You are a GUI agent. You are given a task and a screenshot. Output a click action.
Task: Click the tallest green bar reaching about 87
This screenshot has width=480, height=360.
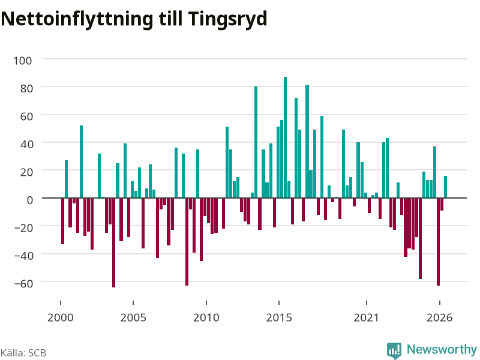(286, 137)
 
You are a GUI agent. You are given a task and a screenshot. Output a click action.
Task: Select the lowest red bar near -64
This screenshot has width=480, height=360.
(113, 242)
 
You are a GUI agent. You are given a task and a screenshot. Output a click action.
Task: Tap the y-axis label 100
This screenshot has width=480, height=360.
(22, 61)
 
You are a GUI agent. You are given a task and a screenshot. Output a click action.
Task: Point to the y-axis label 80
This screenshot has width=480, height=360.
(26, 88)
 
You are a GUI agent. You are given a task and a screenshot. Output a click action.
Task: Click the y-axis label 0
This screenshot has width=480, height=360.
(29, 200)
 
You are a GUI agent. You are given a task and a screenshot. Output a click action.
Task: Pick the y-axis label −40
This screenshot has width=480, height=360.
(23, 256)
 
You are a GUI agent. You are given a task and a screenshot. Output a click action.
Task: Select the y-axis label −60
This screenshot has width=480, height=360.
(23, 283)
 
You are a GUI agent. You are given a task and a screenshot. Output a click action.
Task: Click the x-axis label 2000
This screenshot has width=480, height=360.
(61, 317)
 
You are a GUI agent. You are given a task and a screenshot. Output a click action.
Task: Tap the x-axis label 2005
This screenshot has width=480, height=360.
(133, 317)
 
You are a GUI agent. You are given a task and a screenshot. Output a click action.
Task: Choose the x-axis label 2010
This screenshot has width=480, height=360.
(206, 317)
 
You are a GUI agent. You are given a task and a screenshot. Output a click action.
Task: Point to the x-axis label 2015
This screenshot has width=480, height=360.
(279, 317)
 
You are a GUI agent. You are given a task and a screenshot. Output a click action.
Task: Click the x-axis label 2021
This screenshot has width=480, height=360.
(367, 317)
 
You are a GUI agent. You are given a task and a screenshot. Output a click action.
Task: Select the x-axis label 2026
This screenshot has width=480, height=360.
(440, 317)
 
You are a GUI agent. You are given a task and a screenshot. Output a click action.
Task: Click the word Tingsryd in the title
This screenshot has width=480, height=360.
(228, 19)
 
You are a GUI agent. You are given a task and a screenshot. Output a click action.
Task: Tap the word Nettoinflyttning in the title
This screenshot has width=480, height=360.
(77, 19)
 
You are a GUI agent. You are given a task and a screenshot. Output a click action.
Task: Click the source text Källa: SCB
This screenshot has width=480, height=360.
(23, 353)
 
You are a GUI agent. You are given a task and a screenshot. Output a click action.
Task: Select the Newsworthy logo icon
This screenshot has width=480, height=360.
(394, 350)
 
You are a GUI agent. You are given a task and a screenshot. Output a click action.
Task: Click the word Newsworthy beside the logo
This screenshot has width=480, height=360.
(442, 349)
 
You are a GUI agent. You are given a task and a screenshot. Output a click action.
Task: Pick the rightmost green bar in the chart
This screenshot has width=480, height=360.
(445, 187)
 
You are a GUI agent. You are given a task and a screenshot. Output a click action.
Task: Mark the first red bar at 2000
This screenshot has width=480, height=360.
(63, 221)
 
